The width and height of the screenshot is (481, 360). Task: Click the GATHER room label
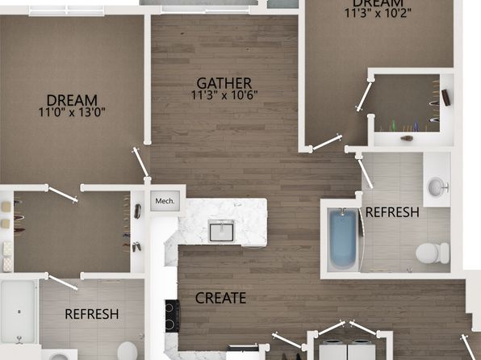tap(224, 83)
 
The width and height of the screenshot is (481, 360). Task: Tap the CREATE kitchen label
tap(220, 298)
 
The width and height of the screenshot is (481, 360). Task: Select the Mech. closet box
tap(165, 201)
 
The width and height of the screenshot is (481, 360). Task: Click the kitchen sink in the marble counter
tap(221, 231)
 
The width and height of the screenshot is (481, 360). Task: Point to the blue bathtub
tap(343, 239)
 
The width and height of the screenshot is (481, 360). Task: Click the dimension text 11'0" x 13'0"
tap(72, 112)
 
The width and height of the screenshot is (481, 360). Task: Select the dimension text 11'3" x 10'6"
tap(224, 95)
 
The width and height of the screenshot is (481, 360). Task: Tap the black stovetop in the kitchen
tap(173, 316)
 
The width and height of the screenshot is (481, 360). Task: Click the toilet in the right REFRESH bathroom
tap(433, 253)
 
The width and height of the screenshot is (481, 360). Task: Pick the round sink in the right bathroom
tap(437, 187)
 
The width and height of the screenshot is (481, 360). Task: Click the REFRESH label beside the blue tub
tap(392, 212)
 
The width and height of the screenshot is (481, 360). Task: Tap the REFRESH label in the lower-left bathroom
tap(92, 314)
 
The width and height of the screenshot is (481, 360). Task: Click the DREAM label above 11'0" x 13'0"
tap(72, 100)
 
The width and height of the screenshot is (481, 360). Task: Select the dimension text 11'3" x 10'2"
tap(378, 14)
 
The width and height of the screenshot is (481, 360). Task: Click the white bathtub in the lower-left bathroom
tap(19, 312)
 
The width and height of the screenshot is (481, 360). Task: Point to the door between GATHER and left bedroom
tap(140, 163)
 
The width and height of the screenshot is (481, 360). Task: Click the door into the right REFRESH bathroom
tap(365, 172)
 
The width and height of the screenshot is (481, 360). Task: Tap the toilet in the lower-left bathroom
tap(127, 351)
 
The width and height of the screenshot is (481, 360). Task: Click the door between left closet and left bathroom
tap(62, 282)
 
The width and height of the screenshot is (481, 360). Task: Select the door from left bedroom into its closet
tap(62, 194)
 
